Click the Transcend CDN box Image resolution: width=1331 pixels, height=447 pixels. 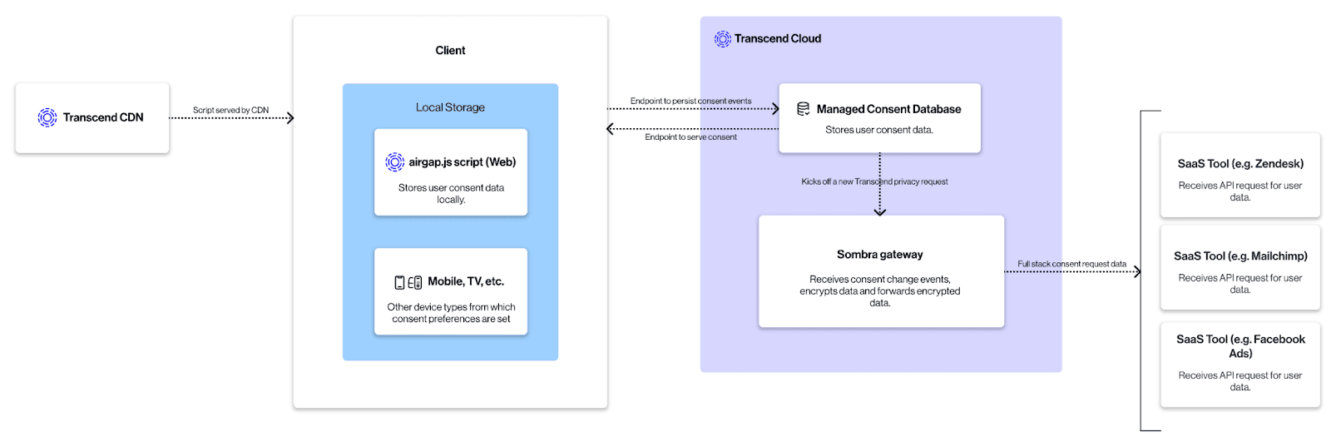click(92, 117)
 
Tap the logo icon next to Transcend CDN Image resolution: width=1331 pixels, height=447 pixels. click(47, 117)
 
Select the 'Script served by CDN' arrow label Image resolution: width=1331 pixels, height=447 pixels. click(230, 110)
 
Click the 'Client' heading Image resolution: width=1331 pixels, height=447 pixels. click(450, 51)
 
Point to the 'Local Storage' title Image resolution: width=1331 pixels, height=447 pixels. click(450, 107)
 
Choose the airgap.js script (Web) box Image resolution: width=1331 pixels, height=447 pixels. click(451, 172)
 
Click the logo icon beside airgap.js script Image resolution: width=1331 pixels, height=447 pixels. click(394, 162)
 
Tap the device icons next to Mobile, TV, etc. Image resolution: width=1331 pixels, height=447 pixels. click(408, 282)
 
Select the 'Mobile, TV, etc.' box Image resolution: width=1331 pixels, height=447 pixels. click(451, 292)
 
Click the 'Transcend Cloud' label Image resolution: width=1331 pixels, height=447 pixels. click(777, 39)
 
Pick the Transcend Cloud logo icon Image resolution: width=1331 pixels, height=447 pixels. click(722, 39)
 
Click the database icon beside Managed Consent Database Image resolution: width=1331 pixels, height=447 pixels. click(804, 109)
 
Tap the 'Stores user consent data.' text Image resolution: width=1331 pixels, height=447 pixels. click(879, 130)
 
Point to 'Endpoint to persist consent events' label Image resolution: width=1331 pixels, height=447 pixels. click(690, 101)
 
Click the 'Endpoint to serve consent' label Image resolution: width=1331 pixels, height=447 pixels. click(690, 137)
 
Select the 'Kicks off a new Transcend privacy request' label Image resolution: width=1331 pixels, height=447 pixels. click(874, 181)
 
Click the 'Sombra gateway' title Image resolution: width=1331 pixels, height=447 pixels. click(879, 255)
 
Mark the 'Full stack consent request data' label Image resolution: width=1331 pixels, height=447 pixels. click(1071, 264)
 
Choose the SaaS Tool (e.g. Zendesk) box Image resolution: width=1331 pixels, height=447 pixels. click(1239, 175)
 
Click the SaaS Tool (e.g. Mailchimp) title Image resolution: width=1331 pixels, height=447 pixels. click(1239, 256)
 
